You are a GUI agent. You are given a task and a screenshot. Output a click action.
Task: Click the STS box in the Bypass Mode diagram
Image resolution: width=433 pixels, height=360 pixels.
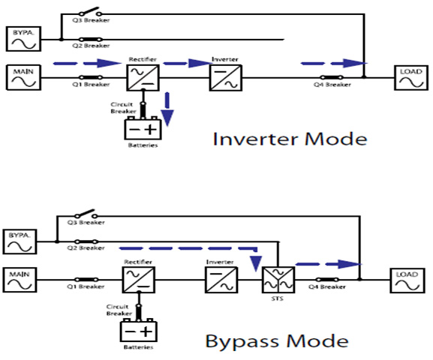(x=278, y=280)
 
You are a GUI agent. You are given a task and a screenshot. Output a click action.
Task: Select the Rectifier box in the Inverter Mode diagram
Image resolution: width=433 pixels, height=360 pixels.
(x=143, y=77)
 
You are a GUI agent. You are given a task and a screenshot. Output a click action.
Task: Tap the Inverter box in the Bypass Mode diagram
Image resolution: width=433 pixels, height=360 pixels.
(x=221, y=280)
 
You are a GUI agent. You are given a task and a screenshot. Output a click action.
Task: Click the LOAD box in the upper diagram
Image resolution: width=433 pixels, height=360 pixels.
(x=411, y=77)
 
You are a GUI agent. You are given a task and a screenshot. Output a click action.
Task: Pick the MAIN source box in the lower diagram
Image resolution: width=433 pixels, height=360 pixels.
(x=20, y=280)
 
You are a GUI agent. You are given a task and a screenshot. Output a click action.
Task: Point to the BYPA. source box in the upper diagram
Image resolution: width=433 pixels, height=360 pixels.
(x=23, y=39)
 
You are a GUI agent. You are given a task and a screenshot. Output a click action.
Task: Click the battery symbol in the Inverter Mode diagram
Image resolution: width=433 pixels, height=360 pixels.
(x=143, y=128)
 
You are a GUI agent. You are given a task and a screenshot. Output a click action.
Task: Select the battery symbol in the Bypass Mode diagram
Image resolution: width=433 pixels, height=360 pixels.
(x=138, y=330)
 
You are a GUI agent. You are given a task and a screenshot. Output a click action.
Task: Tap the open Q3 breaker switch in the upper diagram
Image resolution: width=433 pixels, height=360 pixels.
(x=91, y=12)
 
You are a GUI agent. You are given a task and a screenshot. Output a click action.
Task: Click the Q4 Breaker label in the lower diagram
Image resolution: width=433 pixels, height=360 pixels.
(x=327, y=286)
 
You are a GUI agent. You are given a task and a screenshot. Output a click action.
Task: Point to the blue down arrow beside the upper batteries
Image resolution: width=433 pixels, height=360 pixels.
(x=167, y=109)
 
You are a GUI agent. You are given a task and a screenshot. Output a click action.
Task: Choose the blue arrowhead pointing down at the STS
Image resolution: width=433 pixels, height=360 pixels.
(x=256, y=264)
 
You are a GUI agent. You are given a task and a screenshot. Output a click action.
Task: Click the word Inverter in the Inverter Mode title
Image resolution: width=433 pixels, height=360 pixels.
(x=255, y=139)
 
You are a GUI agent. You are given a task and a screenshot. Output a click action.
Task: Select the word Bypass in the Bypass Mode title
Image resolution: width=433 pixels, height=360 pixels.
(x=242, y=342)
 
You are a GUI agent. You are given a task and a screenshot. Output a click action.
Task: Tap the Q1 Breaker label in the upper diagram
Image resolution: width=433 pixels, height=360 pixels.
(x=91, y=84)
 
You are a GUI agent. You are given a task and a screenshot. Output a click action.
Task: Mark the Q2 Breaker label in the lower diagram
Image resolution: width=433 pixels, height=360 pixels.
(x=86, y=247)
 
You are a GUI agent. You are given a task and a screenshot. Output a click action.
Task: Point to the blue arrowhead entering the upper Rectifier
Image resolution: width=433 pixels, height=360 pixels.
(x=109, y=63)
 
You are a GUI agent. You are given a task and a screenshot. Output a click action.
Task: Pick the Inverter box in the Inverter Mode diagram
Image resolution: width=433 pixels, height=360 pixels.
(x=226, y=77)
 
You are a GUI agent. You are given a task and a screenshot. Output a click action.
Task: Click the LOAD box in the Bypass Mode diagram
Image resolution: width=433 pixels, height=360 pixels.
(x=407, y=280)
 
